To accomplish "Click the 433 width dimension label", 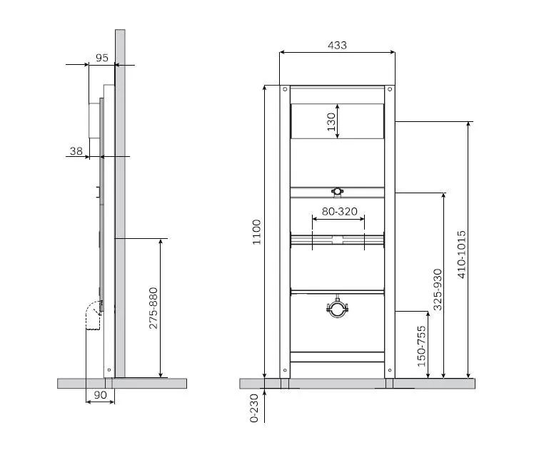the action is [337, 46].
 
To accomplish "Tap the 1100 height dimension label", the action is [257, 232].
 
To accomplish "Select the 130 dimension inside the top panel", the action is [331, 122].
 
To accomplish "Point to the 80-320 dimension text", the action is [340, 211].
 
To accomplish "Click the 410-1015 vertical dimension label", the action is [462, 254].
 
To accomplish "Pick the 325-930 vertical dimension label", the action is [437, 290].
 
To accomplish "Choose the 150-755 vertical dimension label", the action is [421, 346].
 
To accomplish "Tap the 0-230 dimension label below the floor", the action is [254, 408].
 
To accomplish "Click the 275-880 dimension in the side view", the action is [153, 308].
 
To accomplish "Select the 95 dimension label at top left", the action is [102, 58].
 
